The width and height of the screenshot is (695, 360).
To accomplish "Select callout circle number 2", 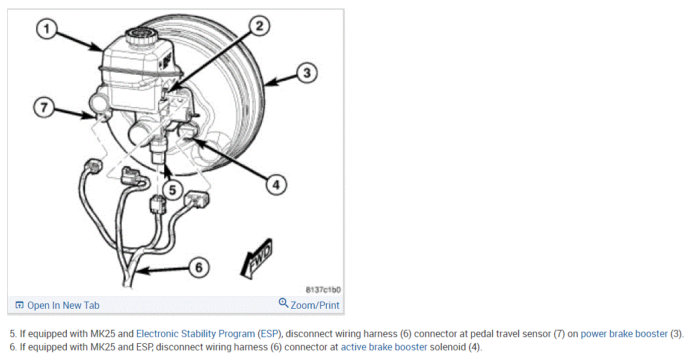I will tap(259, 26).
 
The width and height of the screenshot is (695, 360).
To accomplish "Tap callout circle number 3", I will tap(306, 73).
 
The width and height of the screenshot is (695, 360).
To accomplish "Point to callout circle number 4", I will tap(275, 185).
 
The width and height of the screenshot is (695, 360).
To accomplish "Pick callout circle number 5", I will tap(173, 190).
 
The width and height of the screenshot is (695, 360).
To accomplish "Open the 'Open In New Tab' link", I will tap(63, 305).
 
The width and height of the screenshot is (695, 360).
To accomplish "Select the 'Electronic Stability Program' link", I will tap(196, 334).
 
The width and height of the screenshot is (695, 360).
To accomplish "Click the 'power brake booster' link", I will tap(624, 334).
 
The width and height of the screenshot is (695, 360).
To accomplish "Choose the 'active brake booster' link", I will tap(384, 347).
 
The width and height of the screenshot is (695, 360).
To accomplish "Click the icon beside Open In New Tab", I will tap(19, 305).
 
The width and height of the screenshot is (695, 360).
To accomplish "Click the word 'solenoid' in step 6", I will tap(448, 347).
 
